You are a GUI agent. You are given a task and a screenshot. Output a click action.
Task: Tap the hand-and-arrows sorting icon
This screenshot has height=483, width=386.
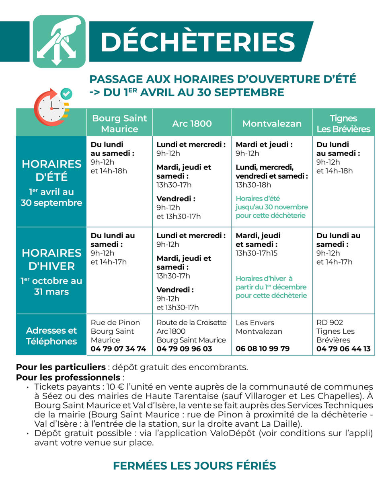coord(59,41)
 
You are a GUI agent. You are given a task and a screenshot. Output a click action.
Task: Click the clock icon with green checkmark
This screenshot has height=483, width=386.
coord(52,106)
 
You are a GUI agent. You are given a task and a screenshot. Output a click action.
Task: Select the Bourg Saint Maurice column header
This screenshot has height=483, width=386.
coord(119,124)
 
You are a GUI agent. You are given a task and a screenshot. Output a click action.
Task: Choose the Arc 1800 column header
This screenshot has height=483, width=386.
coord(192,124)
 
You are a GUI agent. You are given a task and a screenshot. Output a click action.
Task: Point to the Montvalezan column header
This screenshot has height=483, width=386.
coord(272,124)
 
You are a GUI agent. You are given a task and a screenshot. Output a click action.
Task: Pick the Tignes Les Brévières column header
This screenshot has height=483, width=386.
coord(343,124)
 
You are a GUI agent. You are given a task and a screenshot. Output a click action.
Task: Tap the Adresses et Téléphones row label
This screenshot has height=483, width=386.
coord(51,336)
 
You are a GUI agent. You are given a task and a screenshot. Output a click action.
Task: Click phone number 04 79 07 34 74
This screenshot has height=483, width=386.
coord(118,349)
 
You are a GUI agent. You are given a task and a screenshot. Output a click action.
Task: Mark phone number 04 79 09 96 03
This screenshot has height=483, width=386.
coord(184,349)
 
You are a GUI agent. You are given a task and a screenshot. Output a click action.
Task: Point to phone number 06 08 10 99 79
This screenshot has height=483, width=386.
coord(263,349)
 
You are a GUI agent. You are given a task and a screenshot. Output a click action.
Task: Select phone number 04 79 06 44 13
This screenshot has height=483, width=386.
coord(343,349)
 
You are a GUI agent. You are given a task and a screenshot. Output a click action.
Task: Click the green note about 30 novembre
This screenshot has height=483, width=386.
coord(271,207)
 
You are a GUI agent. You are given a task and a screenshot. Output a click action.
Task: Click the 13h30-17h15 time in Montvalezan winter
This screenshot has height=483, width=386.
coord(257,253)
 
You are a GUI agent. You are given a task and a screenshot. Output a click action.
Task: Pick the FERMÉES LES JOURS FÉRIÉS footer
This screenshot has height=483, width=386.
coord(194,466)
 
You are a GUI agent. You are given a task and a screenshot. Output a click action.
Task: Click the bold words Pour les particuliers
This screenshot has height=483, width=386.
coord(61,367)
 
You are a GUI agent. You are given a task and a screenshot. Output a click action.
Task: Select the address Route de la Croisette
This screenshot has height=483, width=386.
coord(191,323)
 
